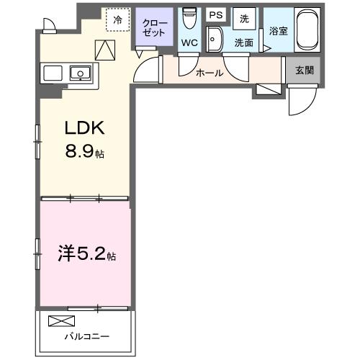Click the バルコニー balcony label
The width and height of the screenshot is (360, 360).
[86, 336]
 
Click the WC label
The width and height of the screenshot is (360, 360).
[189, 42]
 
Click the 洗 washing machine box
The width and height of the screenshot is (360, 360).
[244, 18]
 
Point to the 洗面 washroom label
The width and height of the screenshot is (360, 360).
[243, 42]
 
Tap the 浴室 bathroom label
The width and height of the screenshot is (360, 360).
[278, 31]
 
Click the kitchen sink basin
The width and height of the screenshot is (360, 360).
[78, 72]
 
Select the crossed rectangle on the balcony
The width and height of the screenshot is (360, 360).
[61, 321]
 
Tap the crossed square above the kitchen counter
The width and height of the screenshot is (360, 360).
[105, 50]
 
